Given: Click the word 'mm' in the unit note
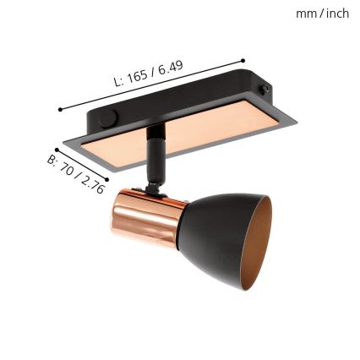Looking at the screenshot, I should point(305,13).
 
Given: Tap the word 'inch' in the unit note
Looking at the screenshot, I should point(337,13).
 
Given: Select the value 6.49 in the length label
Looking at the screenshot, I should point(170,68).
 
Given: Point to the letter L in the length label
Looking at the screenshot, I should point(117,84).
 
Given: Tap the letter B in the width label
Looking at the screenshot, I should point(51,159).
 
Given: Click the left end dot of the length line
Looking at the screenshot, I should point(60,108).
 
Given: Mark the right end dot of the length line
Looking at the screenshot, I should point(243,60).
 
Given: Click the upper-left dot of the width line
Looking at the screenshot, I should point(56,150).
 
